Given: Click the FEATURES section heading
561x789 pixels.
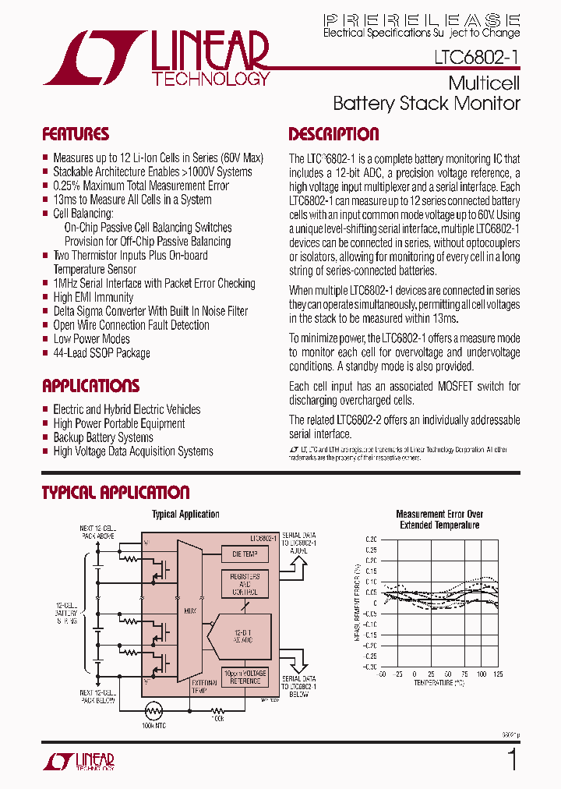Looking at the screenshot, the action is pos(76,134).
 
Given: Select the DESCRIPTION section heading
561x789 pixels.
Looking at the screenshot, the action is pos(333,134).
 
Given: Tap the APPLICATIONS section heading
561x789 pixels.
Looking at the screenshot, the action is pos(90,386).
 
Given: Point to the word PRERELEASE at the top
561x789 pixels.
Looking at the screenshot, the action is pos(421,19).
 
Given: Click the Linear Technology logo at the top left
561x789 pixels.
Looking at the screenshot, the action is pos(157,58).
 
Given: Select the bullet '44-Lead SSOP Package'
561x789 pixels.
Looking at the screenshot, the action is pos(101,353).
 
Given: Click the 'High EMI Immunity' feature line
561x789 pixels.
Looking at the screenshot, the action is pos(93,297).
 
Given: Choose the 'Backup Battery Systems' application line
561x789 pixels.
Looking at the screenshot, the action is pos(103,437).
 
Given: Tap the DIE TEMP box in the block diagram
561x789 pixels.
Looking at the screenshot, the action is pos(245,554).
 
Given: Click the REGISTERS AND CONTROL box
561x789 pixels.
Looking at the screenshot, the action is pos(245,583).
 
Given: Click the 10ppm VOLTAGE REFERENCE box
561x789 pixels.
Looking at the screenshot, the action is pos(245,677).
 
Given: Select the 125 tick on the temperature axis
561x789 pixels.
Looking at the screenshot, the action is pos(498,673).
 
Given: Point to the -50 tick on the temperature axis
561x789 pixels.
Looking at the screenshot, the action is pos(382,673).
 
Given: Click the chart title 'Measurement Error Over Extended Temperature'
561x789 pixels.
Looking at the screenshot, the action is pos(439,519).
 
